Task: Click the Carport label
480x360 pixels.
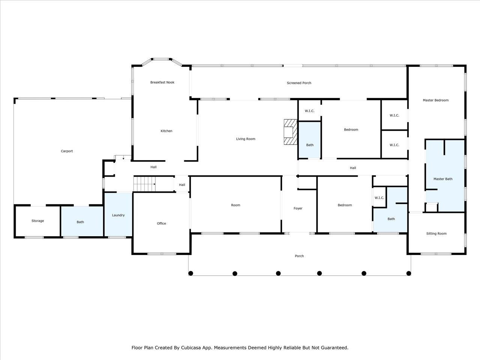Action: pyautogui.click(x=67, y=151)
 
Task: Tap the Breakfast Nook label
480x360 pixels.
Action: pyautogui.click(x=162, y=82)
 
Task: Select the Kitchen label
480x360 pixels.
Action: pyautogui.click(x=166, y=131)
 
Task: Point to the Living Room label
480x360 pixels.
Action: pyautogui.click(x=246, y=139)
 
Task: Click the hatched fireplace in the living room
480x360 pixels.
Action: pyautogui.click(x=290, y=132)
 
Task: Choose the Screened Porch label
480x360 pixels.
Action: pyautogui.click(x=299, y=83)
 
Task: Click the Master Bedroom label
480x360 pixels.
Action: pyautogui.click(x=436, y=100)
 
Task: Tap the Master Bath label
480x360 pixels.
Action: pyautogui.click(x=443, y=179)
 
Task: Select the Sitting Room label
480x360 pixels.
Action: pyautogui.click(x=436, y=234)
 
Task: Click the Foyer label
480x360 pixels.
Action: pyautogui.click(x=298, y=208)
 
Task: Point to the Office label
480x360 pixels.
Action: pyautogui.click(x=161, y=223)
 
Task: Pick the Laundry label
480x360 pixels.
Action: pyautogui.click(x=118, y=215)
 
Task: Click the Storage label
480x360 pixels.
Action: pyautogui.click(x=37, y=221)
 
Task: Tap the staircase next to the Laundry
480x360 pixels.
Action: pyautogui.click(x=144, y=184)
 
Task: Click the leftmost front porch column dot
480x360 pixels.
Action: pyautogui.click(x=191, y=273)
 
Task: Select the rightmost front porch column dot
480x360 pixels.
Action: pyautogui.click(x=408, y=273)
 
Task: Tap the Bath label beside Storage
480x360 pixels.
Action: pyautogui.click(x=80, y=222)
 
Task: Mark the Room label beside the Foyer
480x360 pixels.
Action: pyautogui.click(x=235, y=205)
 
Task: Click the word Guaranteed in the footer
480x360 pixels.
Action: pyautogui.click(x=336, y=348)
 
